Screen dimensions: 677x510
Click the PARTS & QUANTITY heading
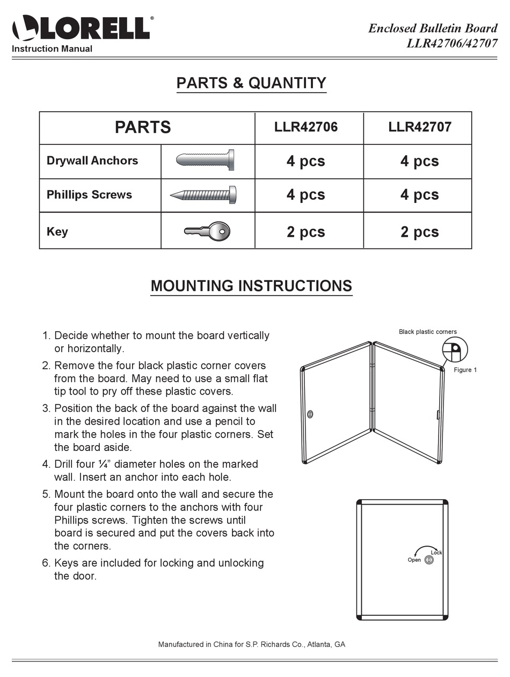(x=251, y=83)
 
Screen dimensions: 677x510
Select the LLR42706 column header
(x=306, y=127)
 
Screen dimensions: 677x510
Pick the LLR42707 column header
(x=420, y=127)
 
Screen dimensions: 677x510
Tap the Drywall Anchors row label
(x=92, y=161)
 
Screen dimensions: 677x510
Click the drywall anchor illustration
(x=205, y=160)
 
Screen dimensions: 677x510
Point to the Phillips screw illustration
(x=204, y=194)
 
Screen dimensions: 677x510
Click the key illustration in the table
(x=207, y=231)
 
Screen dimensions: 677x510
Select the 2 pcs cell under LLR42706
(x=306, y=231)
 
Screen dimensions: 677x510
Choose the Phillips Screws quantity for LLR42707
(x=420, y=194)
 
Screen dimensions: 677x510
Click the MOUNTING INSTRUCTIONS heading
(x=251, y=286)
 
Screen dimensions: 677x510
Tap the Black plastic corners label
(x=428, y=332)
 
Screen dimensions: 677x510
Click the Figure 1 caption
(x=465, y=370)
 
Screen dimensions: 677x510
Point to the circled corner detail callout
(x=455, y=350)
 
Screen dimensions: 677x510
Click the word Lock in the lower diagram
(x=436, y=552)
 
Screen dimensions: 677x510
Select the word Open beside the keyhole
(x=414, y=560)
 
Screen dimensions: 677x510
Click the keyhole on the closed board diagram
(x=429, y=560)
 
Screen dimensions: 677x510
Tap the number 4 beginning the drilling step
(x=46, y=464)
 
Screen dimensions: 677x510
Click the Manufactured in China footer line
(x=251, y=644)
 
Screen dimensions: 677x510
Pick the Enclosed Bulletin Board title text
(x=433, y=28)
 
